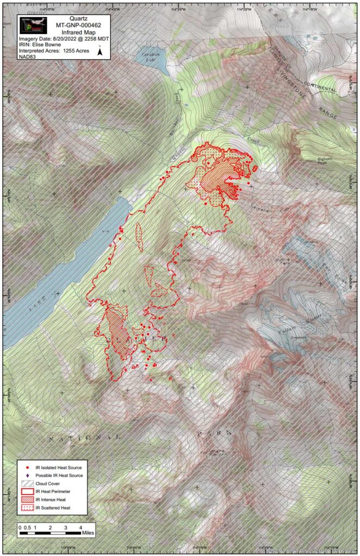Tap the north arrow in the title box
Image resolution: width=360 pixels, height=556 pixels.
click(99, 52)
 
